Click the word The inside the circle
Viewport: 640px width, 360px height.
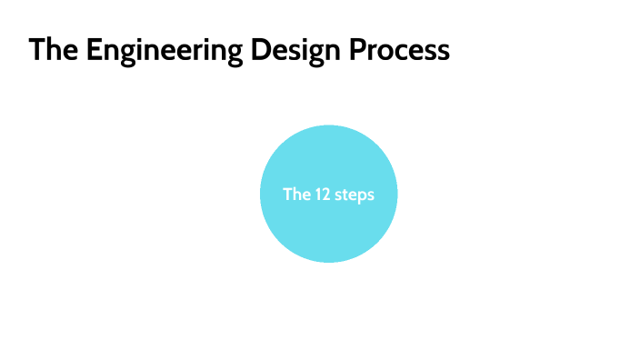pos(296,194)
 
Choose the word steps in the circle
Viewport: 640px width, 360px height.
pos(355,195)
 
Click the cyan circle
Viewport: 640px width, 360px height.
pos(328,227)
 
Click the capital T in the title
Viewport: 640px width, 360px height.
pos(36,50)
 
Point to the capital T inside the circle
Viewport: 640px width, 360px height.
pos(287,194)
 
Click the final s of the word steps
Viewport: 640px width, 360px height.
pos(370,195)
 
